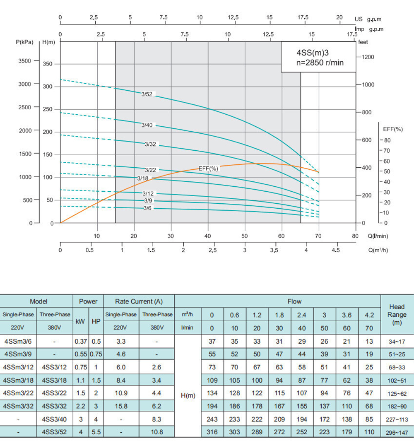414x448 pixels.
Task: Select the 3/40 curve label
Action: [147, 125]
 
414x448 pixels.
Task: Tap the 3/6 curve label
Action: [147, 208]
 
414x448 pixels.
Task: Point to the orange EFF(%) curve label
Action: [208, 169]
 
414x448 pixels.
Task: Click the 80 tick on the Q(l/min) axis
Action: [355, 236]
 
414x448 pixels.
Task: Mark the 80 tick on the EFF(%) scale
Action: [388, 140]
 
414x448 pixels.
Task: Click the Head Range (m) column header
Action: [397, 315]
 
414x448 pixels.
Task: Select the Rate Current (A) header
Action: [139, 301]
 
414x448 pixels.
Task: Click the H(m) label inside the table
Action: [188, 395]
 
